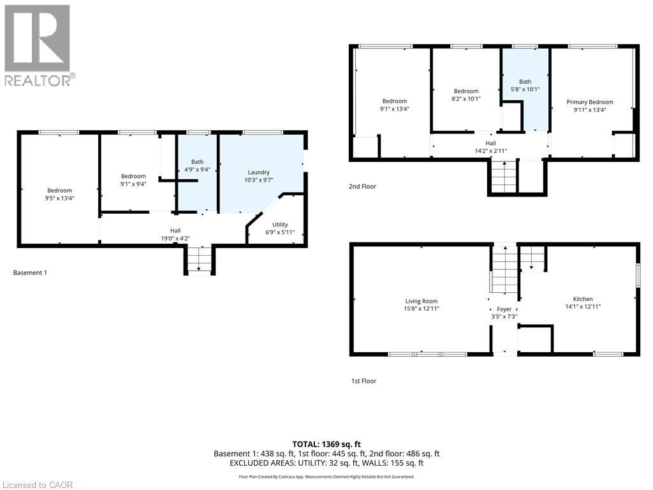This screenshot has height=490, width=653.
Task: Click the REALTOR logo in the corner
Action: coord(38,45)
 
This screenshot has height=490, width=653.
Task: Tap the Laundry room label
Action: coord(259,172)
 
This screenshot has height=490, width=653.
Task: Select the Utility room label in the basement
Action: coord(280,225)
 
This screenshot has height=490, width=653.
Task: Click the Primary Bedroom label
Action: coord(590,102)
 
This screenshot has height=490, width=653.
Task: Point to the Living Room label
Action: coord(422,301)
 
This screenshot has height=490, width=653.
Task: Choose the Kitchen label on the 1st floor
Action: coord(583,299)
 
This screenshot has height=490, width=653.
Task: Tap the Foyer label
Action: coord(504,309)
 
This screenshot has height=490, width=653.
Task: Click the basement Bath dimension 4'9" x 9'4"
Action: coord(197,170)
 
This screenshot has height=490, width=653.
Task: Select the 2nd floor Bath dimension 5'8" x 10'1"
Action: coord(525,89)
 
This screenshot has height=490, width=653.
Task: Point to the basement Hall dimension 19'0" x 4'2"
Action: coord(175,239)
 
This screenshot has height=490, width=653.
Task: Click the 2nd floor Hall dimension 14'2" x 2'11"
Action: coord(490,151)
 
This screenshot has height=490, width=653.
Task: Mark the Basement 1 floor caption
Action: coord(30,273)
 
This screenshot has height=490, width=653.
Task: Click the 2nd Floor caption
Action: coord(363,187)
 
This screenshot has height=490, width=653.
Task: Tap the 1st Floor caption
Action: coord(363,381)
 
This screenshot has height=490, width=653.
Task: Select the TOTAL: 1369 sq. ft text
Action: coord(326,443)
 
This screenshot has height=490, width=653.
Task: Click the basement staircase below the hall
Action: coord(199,260)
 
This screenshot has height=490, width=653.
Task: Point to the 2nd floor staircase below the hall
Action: coord(503,177)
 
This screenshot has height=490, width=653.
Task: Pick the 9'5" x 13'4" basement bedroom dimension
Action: coord(59,198)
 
